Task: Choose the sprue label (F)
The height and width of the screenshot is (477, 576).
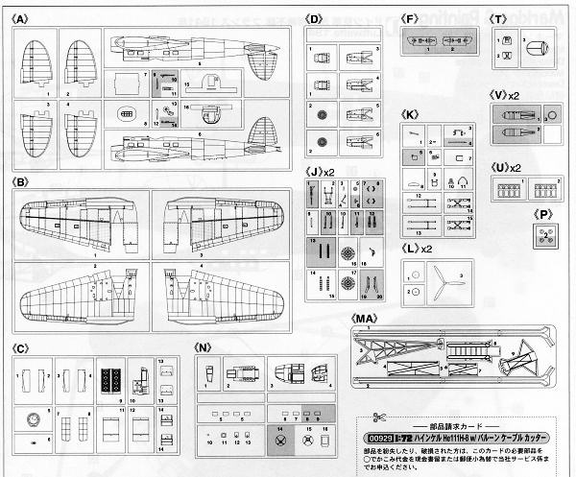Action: [x=410, y=18]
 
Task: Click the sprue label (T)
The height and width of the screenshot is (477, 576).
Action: [x=498, y=18]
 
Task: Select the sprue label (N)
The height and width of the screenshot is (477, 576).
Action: [x=203, y=346]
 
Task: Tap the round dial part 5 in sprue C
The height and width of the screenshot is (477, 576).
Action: [x=36, y=419]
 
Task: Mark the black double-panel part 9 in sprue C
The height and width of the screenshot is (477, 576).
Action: [x=108, y=376]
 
